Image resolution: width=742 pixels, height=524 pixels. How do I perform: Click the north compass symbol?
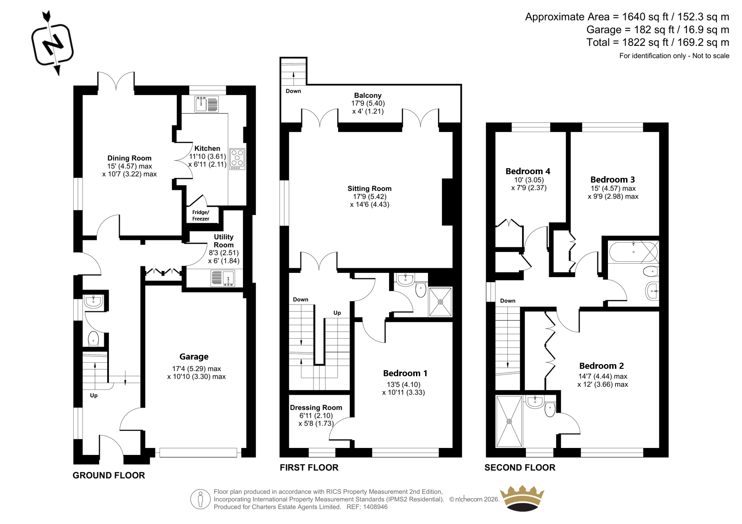tap(52, 43)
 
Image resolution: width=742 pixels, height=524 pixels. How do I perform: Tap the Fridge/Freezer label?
tap(201, 215)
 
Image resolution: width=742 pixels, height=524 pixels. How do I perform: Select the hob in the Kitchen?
tap(237, 159)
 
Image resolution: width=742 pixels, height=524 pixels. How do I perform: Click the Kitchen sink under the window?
tap(206, 104)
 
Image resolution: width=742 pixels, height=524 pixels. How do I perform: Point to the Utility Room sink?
tap(223, 278)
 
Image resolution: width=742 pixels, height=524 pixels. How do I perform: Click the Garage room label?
tap(194, 356)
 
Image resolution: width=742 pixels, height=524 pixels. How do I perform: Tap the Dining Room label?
tap(129, 158)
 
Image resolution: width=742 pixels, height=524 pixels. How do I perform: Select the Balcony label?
tap(368, 95)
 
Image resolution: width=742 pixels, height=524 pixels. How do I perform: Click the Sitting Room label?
tap(369, 189)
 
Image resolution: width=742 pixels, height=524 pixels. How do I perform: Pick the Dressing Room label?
tap(316, 408)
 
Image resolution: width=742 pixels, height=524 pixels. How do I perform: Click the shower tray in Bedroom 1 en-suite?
tap(440, 302)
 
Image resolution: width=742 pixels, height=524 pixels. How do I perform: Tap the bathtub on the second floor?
tap(633, 252)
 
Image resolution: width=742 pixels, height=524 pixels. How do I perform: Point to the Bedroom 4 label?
tap(528, 171)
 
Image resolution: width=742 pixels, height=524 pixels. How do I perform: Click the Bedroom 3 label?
tap(613, 179)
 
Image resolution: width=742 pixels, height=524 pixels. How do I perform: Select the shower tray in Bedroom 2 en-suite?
tap(509, 421)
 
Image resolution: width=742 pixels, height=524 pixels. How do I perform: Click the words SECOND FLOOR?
tap(520, 467)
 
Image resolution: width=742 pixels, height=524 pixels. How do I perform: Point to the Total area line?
tap(658, 42)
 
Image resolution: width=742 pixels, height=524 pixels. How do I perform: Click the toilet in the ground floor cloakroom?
tap(93, 339)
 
